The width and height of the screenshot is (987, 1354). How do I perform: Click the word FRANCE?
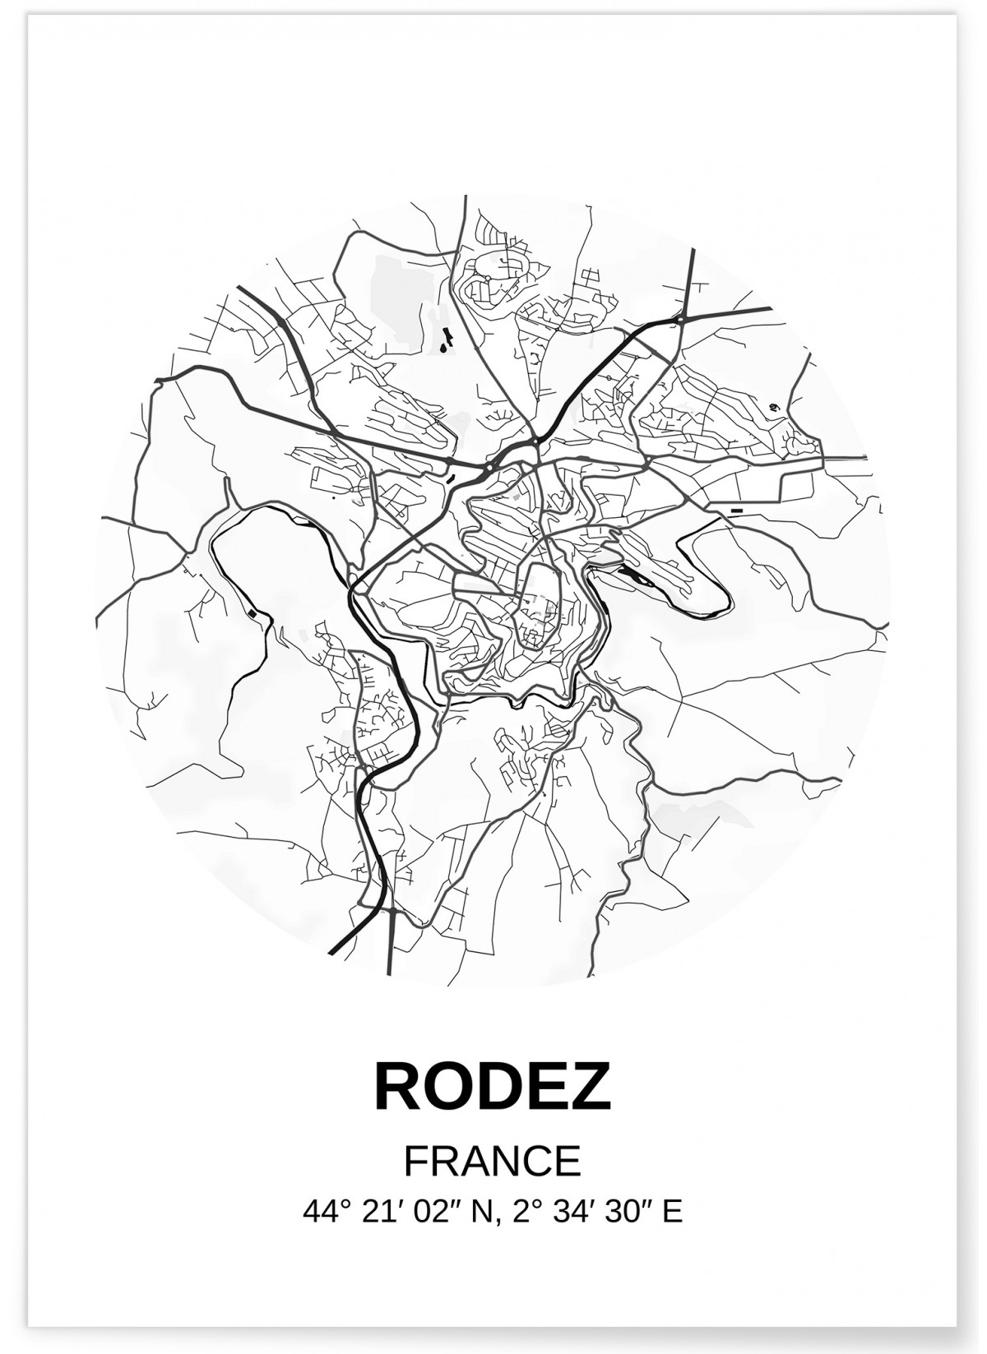(493, 1162)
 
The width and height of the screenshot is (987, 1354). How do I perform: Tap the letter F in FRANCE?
(415, 1162)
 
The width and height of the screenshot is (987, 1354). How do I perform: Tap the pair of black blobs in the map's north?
(447, 339)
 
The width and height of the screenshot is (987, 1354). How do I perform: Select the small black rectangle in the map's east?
(736, 511)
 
